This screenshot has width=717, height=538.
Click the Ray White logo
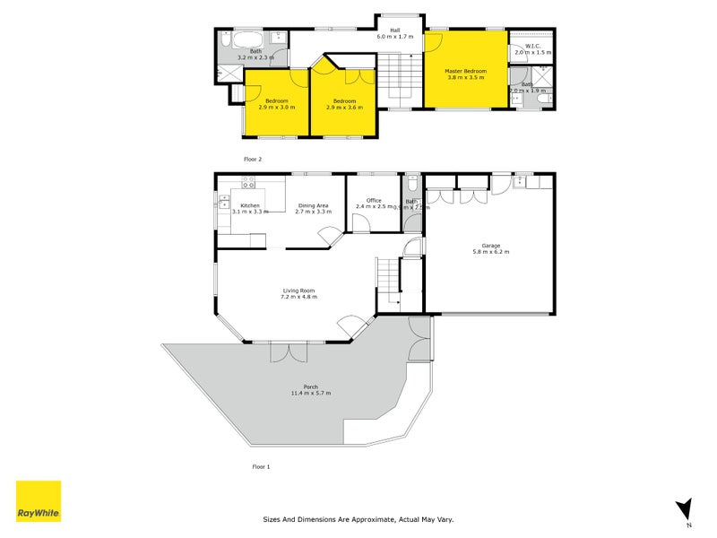pos(39,501)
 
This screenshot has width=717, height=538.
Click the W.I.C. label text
pos(532,47)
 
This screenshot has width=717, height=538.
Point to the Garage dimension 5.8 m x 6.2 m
pos(489,252)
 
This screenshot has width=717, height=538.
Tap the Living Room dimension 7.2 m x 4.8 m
pos(299,297)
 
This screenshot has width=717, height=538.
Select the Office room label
pos(374,201)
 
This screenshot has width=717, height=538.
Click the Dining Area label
pos(314,205)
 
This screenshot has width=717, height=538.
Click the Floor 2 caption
pos(253,159)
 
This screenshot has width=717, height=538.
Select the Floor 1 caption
pos(261,467)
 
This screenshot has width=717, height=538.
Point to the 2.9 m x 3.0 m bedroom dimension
pos(276,108)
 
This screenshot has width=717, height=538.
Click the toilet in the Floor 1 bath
pos(411,186)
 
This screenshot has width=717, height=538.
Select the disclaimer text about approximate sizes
pos(358,519)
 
